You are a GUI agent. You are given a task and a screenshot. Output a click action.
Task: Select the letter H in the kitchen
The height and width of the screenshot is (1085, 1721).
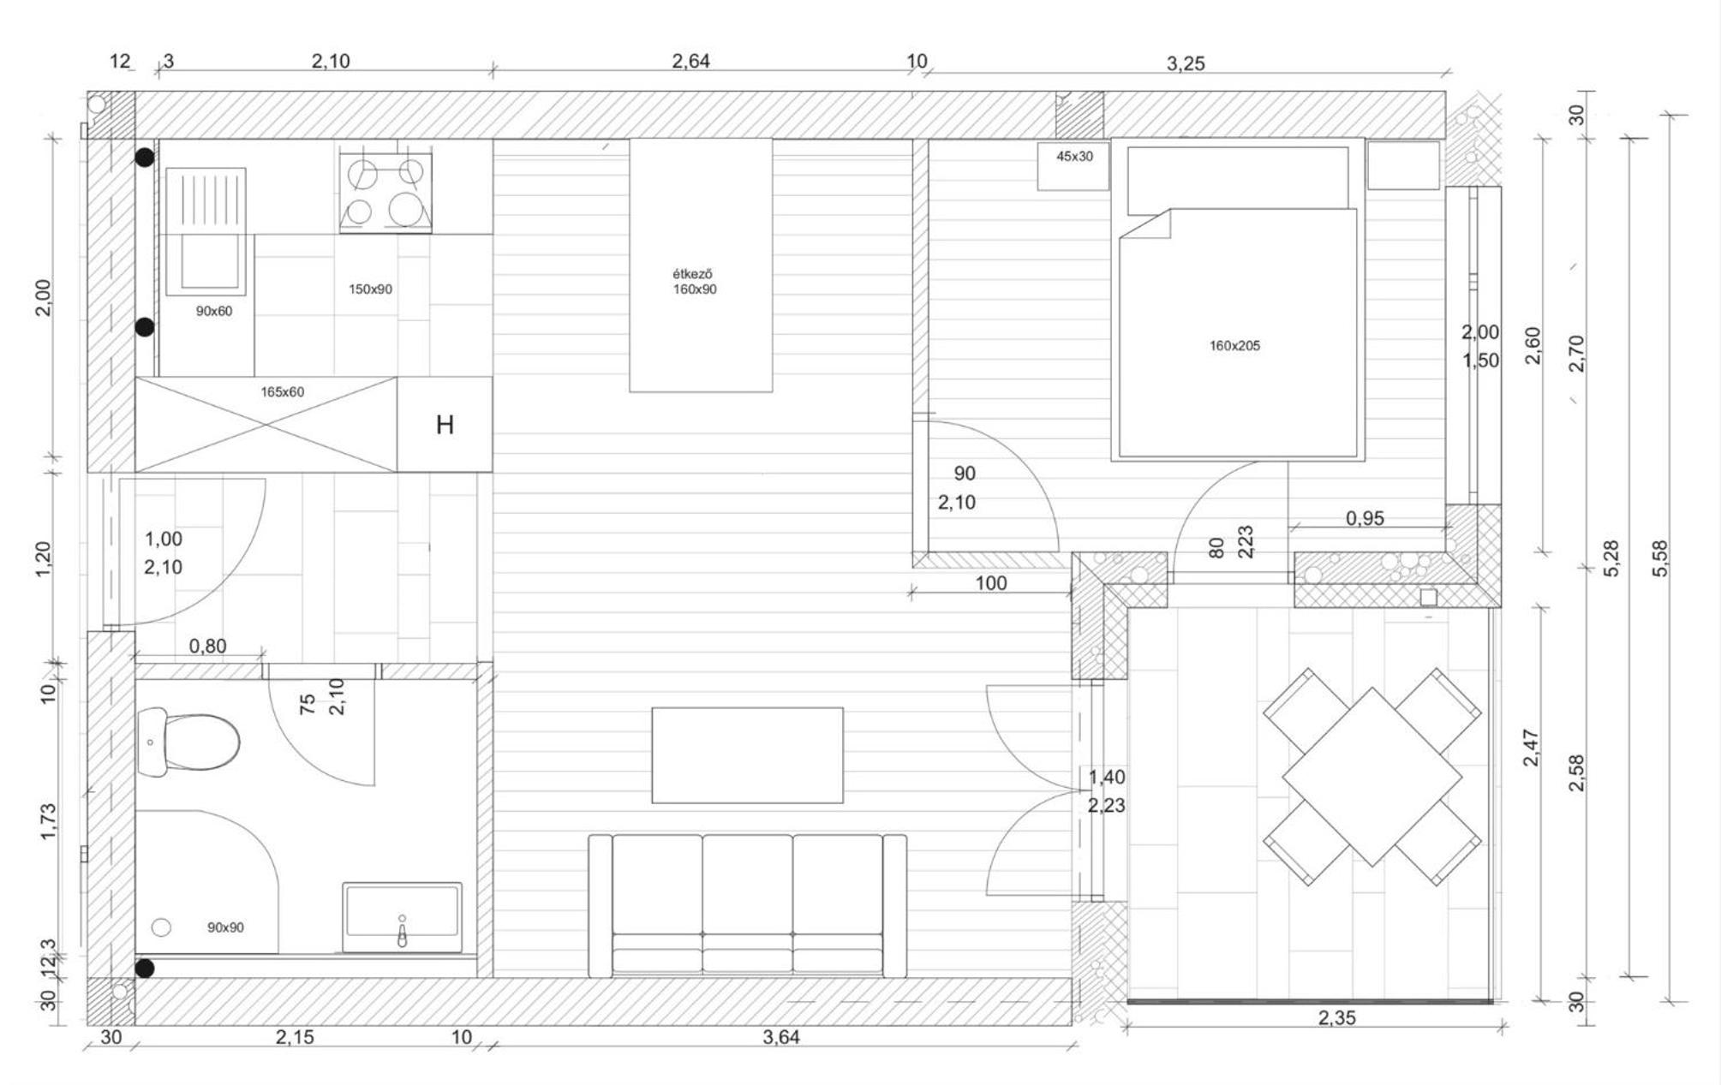(x=445, y=425)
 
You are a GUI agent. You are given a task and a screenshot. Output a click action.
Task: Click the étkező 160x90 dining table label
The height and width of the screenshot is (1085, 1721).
(x=695, y=282)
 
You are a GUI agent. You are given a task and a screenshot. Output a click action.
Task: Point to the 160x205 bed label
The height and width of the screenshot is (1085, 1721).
(x=1234, y=346)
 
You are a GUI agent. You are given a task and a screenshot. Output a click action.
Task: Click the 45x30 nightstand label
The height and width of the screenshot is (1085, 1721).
(x=1074, y=157)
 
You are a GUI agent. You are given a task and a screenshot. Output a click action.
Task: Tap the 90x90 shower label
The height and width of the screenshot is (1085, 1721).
(x=225, y=927)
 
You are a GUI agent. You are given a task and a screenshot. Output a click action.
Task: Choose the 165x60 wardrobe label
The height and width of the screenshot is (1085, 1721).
(x=282, y=392)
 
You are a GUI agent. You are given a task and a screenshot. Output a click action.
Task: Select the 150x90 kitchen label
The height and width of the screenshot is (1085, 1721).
(x=370, y=289)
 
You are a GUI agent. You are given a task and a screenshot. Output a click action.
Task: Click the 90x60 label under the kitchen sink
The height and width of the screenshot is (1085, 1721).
(x=213, y=312)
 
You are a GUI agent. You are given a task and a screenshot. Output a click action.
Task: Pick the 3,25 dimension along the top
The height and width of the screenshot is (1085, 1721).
(x=1186, y=63)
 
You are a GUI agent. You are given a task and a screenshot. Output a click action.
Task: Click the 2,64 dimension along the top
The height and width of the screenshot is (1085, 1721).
(x=690, y=61)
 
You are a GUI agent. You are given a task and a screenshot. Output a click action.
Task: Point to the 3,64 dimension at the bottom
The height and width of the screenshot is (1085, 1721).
(x=780, y=1037)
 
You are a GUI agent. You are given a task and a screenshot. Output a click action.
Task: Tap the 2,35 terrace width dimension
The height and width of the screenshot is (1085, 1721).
(x=1337, y=1018)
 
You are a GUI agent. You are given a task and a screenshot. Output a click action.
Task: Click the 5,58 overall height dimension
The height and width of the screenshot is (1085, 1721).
(x=1660, y=557)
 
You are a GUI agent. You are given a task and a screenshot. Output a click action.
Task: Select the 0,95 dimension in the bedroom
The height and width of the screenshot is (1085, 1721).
(x=1365, y=518)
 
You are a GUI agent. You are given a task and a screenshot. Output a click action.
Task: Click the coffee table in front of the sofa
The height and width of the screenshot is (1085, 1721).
(x=747, y=755)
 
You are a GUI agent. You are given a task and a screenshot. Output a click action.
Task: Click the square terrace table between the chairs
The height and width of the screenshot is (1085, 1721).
(x=1371, y=777)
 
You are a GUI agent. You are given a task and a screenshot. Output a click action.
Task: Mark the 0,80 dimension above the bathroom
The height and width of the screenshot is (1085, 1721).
(x=207, y=646)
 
